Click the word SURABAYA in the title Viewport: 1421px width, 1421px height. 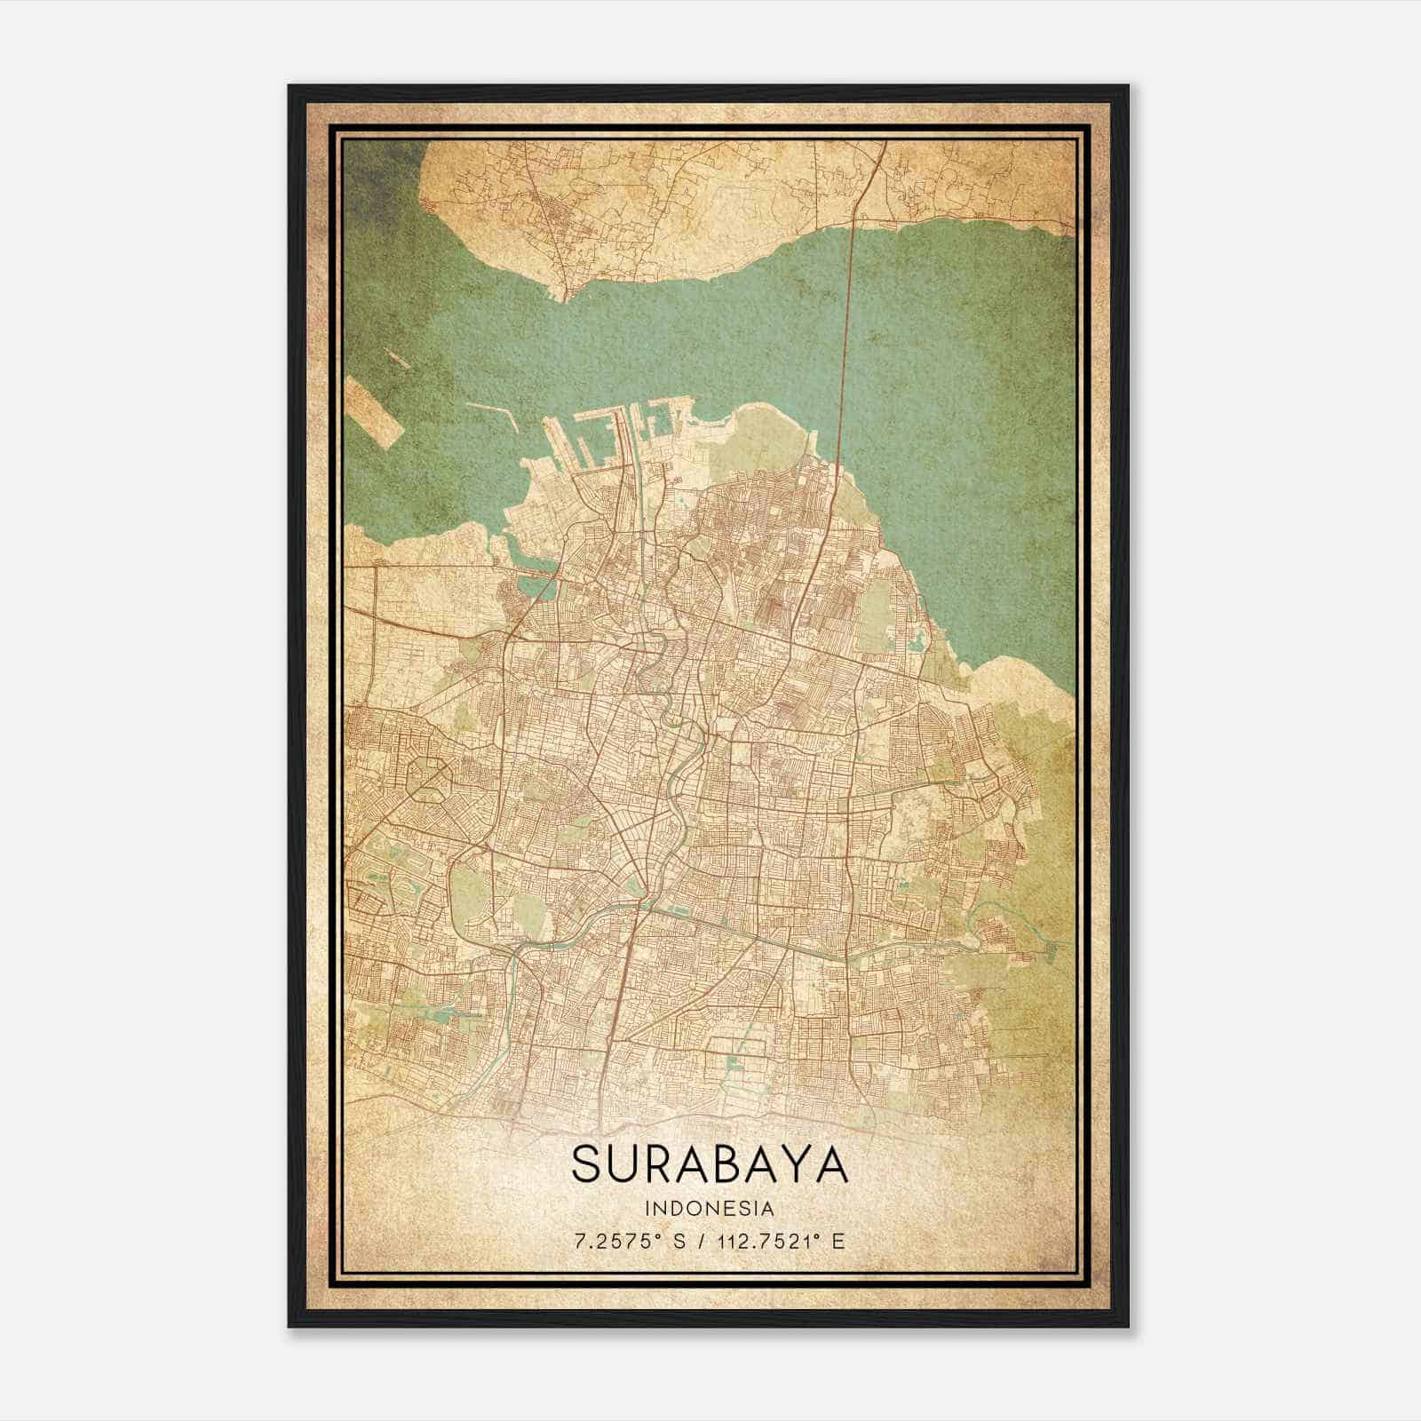coord(710,1164)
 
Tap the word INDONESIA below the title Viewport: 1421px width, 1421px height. coord(710,1209)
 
